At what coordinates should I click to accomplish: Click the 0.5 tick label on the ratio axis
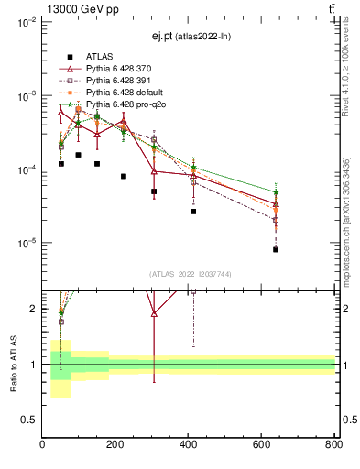(30, 420)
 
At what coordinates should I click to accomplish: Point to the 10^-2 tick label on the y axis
(27, 23)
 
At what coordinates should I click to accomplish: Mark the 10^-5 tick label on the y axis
(27, 244)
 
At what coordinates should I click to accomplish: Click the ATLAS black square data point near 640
(276, 249)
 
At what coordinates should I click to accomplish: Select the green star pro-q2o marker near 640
(276, 192)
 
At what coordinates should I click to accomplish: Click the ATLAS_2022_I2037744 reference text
(189, 274)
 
